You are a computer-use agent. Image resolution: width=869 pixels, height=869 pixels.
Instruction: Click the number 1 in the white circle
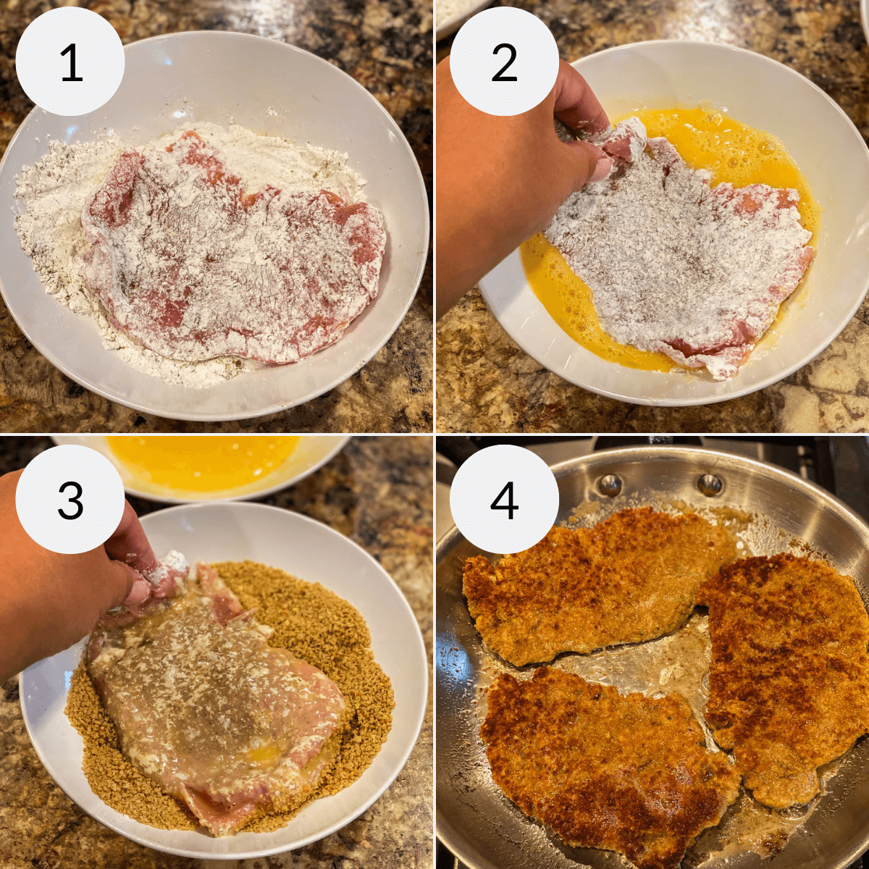pyautogui.click(x=70, y=63)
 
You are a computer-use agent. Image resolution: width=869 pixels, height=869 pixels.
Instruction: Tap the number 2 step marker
pyautogui.click(x=504, y=63)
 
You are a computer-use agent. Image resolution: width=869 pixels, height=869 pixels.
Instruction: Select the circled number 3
pyautogui.click(x=70, y=500)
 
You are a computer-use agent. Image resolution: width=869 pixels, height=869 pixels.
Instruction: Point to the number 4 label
pyautogui.click(x=504, y=500)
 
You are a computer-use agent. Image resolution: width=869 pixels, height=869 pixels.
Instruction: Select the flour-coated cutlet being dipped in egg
pyautogui.click(x=681, y=253)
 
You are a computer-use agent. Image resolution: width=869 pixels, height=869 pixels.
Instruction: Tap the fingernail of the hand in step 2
pyautogui.click(x=600, y=171)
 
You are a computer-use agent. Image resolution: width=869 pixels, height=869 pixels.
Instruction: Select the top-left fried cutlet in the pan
pyautogui.click(x=587, y=579)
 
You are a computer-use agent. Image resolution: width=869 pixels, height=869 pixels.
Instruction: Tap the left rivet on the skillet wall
pyautogui.click(x=610, y=483)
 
